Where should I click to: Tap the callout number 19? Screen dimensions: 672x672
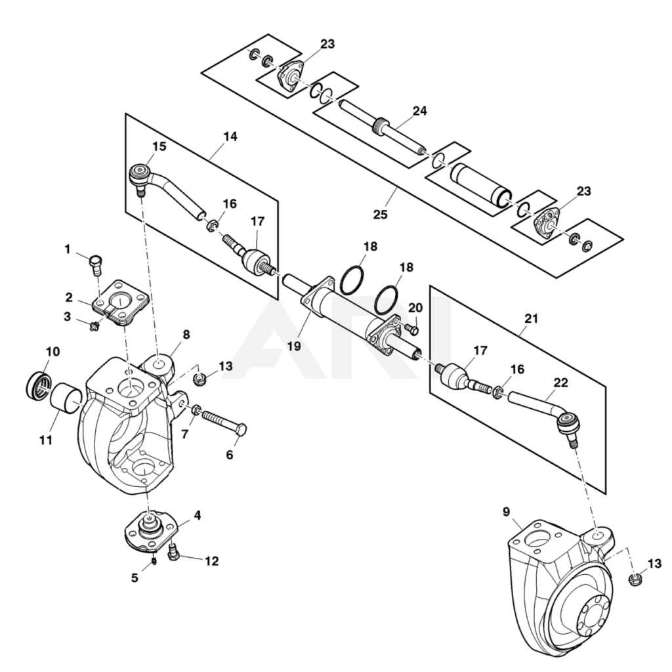tap(293, 344)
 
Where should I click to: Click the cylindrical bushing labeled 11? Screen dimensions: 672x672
tap(65, 398)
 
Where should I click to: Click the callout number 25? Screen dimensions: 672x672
tap(380, 214)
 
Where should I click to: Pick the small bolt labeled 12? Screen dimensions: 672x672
tap(174, 555)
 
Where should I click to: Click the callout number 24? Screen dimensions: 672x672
tap(419, 111)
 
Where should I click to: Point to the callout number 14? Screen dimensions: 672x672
tap(230, 136)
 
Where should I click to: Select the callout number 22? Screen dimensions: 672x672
tap(560, 382)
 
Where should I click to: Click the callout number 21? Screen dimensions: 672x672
tap(531, 318)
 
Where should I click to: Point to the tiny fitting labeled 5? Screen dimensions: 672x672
tap(152, 560)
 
